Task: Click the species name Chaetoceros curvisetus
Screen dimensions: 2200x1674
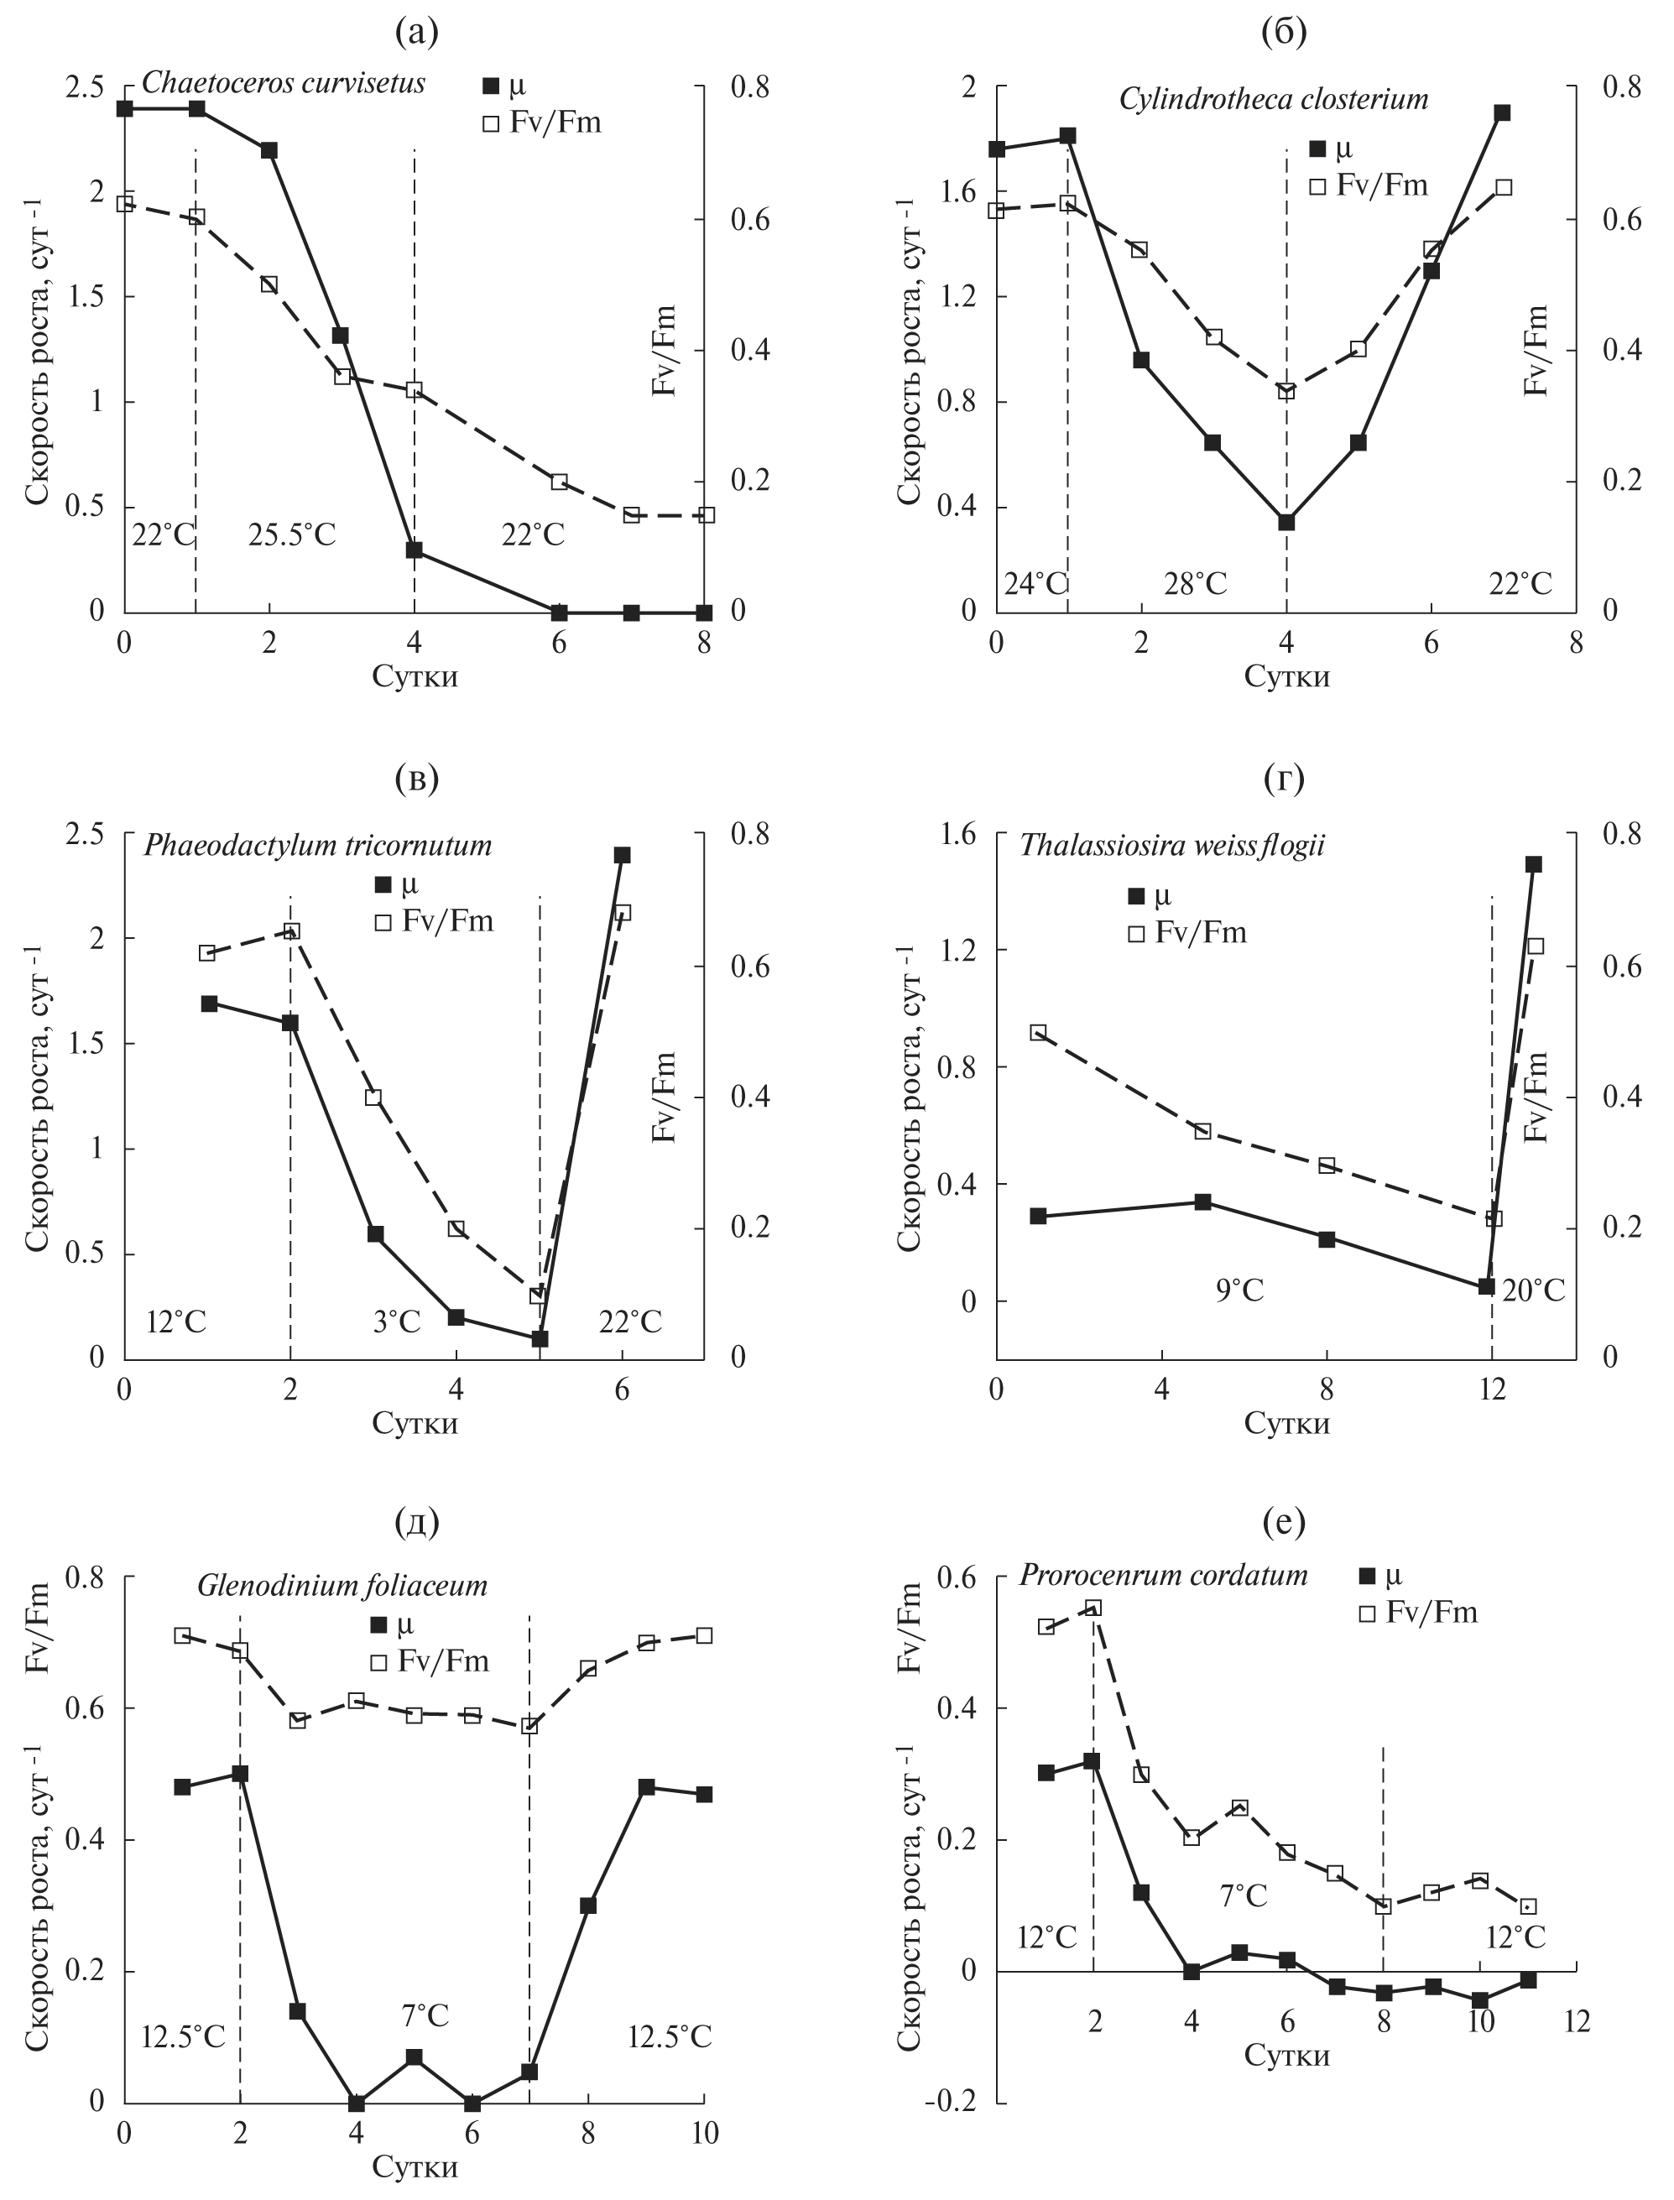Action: [x=283, y=83]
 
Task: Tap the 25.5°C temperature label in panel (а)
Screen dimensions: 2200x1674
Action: [x=292, y=535]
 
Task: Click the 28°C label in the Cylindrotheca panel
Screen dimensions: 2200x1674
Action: [x=1196, y=584]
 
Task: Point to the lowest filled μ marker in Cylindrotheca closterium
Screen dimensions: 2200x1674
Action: [x=1286, y=522]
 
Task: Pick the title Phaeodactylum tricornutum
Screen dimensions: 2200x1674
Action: [x=318, y=846]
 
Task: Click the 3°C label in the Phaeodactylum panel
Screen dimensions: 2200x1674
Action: [x=397, y=1322]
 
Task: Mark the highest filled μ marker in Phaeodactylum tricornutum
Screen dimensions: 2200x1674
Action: [x=622, y=855]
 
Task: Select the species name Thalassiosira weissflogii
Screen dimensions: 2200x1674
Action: [x=1171, y=846]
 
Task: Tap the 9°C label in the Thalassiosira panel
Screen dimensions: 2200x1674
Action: [x=1239, y=1290]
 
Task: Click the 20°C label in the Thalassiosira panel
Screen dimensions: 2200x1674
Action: [x=1534, y=1290]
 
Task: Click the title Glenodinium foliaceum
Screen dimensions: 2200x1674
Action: [x=342, y=1585]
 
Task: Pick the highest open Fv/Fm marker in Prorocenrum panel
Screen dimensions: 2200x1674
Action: [x=1093, y=1608]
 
